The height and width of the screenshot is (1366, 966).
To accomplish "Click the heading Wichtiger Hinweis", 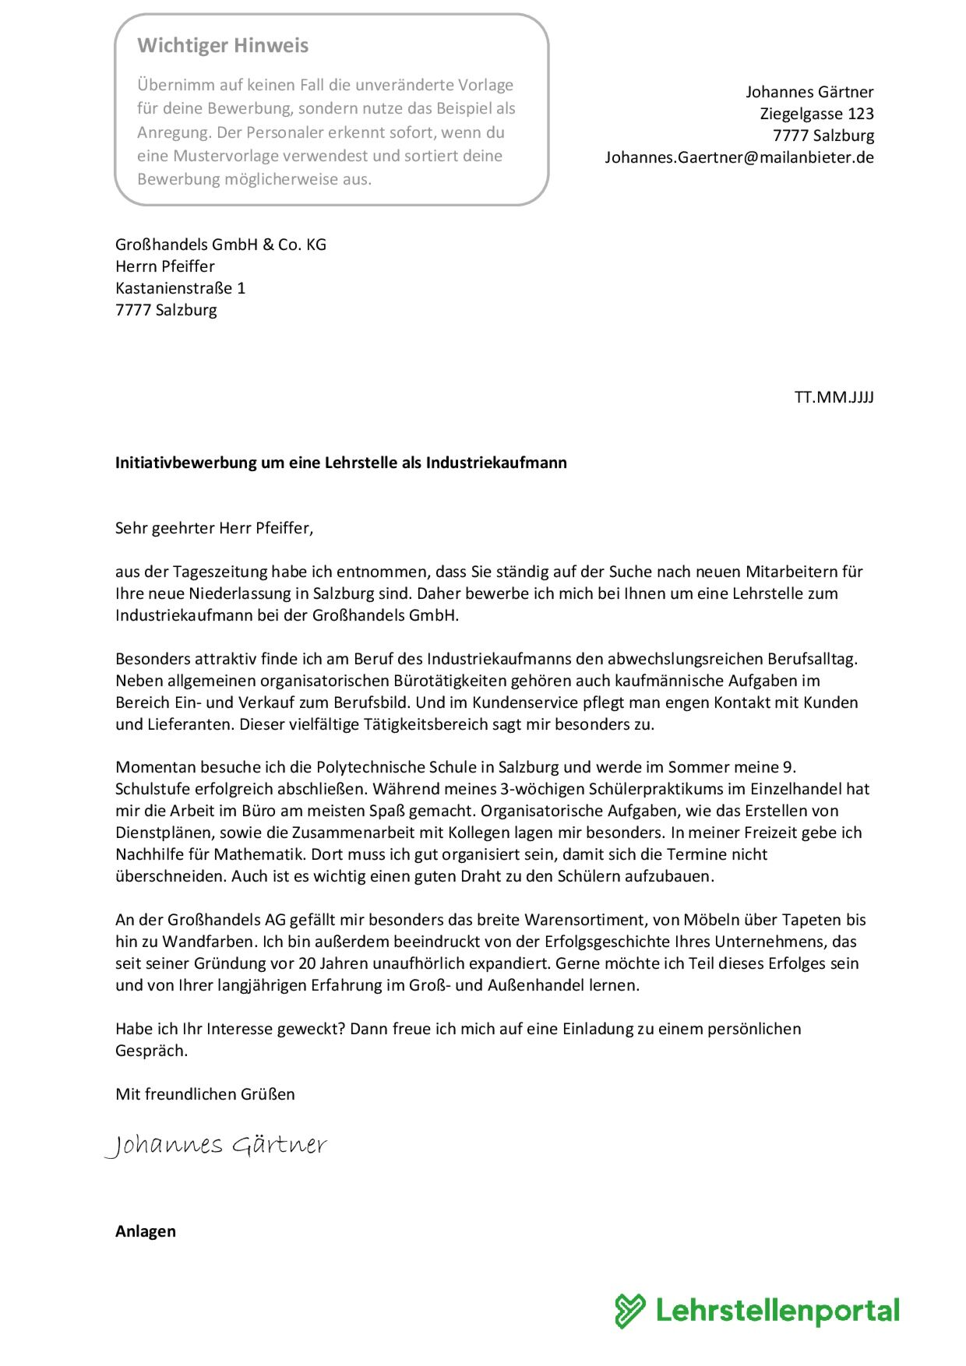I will [x=223, y=46].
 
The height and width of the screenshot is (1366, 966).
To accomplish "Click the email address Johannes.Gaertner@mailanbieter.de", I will [x=739, y=157].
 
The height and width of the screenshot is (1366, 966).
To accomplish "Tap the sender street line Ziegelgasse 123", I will [x=816, y=114].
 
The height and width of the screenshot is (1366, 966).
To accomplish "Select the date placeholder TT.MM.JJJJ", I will [x=834, y=397].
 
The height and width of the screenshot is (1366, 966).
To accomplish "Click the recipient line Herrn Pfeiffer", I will [x=165, y=266].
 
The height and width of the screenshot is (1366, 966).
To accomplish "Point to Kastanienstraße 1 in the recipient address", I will [x=180, y=288].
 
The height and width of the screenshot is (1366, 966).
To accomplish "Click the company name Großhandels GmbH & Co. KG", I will [x=220, y=245].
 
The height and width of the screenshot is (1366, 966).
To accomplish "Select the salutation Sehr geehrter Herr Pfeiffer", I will [x=213, y=528].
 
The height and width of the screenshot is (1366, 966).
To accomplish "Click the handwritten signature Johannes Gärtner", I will [x=216, y=1145].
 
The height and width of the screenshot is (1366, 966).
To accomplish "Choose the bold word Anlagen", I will [x=146, y=1231].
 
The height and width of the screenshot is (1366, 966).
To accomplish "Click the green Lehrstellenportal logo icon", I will [x=629, y=1311].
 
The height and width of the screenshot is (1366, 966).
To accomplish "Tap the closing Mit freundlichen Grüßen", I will [x=205, y=1094].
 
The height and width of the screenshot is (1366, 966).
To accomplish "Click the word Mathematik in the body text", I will [x=257, y=854].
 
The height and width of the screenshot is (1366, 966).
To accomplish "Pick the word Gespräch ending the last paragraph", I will [x=150, y=1051].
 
